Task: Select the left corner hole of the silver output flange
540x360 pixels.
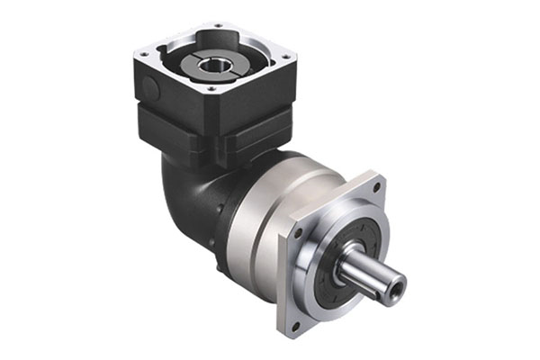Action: pos(296,232)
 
